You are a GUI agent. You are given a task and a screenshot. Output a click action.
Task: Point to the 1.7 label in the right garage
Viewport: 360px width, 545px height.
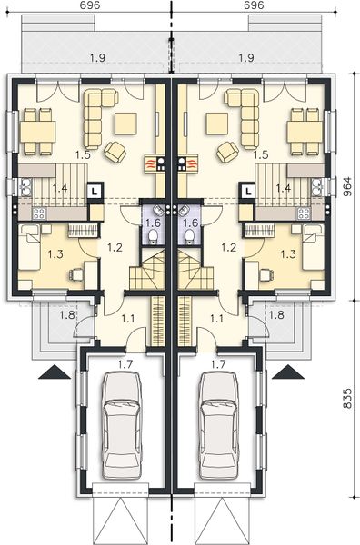pos(217,363)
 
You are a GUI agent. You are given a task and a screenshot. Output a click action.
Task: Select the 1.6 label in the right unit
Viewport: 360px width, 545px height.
pos(191,222)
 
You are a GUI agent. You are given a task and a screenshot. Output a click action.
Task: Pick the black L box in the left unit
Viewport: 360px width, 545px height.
pos(95,191)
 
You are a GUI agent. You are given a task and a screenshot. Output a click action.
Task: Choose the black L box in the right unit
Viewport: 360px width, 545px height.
pos(247,191)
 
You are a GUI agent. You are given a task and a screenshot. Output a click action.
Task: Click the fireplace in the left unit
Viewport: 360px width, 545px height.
pos(153,164)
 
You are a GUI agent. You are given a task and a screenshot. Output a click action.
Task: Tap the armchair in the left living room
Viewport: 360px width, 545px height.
pos(115,151)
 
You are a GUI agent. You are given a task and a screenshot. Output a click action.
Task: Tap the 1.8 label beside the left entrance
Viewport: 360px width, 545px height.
pos(42,315)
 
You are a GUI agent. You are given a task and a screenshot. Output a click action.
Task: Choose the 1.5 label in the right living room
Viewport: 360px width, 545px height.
pos(261,155)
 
